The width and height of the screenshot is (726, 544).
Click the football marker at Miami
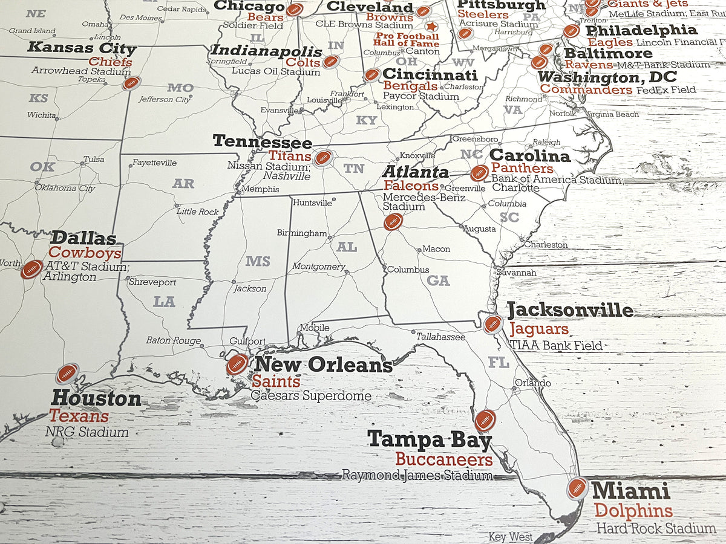tap(577, 488)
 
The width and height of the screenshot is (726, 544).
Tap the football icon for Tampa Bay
tap(485, 420)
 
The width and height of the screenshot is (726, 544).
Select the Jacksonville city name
tap(570, 310)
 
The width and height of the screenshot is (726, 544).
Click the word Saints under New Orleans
tap(276, 382)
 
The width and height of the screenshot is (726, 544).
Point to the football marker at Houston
tap(67, 374)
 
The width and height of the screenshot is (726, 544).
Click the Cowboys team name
tap(85, 253)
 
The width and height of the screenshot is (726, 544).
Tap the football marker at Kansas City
tap(131, 83)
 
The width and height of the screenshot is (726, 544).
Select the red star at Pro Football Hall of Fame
tap(431, 26)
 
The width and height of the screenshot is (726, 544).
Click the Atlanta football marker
tap(393, 222)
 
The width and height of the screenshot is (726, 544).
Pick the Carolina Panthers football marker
tap(479, 173)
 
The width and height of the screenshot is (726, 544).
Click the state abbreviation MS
tap(258, 262)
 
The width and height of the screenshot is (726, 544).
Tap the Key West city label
tap(511, 537)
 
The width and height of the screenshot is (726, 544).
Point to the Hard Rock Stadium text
tap(656, 528)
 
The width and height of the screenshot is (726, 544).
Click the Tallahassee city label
tap(440, 337)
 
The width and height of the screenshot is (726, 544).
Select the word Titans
tap(290, 156)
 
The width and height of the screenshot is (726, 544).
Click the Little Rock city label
tap(197, 212)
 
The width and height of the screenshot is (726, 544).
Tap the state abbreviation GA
tap(438, 280)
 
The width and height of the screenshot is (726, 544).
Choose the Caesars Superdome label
tap(311, 397)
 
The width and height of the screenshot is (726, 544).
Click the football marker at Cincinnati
tap(371, 75)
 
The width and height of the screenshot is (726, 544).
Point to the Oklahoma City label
tap(64, 188)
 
